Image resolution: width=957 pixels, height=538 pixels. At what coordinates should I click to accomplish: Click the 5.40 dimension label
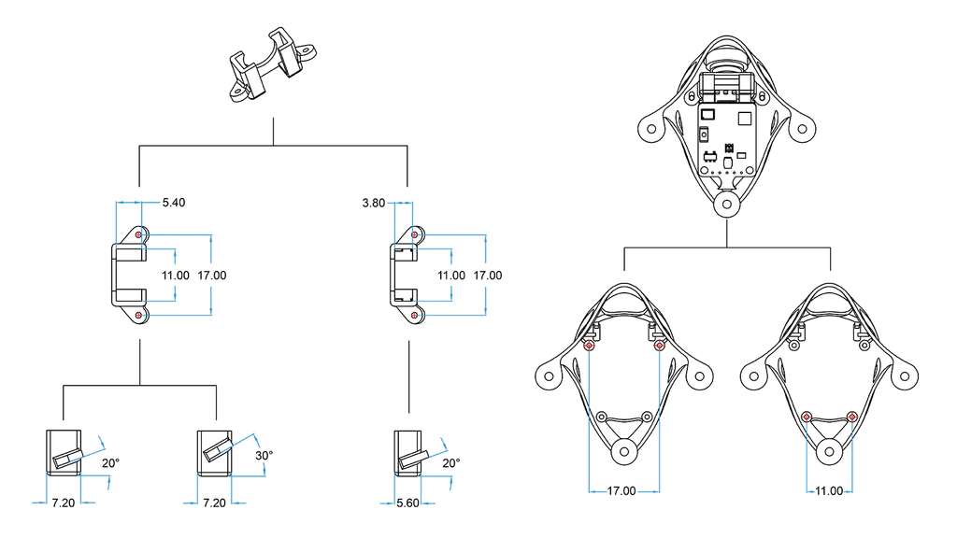pos(174,203)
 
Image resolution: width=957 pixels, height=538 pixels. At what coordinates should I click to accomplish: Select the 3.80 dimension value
pos(374,203)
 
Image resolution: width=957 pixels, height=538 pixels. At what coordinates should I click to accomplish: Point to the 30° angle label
pos(264,456)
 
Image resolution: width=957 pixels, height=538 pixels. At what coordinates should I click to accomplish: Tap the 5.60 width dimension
pos(407,503)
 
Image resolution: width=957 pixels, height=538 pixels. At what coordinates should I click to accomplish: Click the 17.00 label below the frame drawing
pos(621,491)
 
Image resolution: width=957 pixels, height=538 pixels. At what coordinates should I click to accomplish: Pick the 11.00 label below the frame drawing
pos(828,491)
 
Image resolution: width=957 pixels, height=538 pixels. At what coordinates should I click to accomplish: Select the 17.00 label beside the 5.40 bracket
pos(212,276)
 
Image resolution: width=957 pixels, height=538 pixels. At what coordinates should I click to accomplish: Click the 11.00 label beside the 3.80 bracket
pos(451,276)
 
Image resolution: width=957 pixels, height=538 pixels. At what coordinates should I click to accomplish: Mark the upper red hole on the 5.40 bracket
pos(139,234)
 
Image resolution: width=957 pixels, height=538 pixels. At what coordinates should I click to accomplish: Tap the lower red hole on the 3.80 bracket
pos(414,317)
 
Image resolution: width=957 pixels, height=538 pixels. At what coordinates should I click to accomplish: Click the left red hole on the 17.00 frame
pos(589,346)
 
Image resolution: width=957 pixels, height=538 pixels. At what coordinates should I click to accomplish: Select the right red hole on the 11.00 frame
pos(850,416)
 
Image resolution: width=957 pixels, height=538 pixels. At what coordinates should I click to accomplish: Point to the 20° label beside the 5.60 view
pos(450,463)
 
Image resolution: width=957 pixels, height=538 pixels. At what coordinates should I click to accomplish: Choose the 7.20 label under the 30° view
pos(214,503)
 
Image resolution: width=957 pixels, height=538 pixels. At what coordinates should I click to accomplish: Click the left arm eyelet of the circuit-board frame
pos(649,130)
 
